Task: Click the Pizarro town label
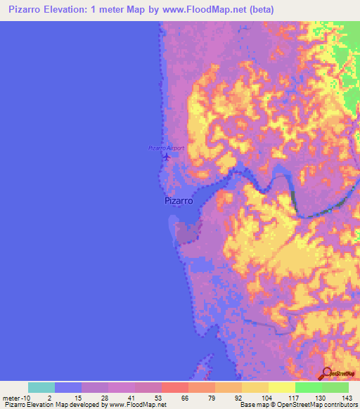tap(179, 201)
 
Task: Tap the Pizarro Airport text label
tap(166, 148)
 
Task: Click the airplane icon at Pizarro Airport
tap(166, 155)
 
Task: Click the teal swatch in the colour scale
tap(41, 387)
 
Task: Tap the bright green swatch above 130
tap(309, 387)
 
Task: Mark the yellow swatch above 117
tap(282, 387)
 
